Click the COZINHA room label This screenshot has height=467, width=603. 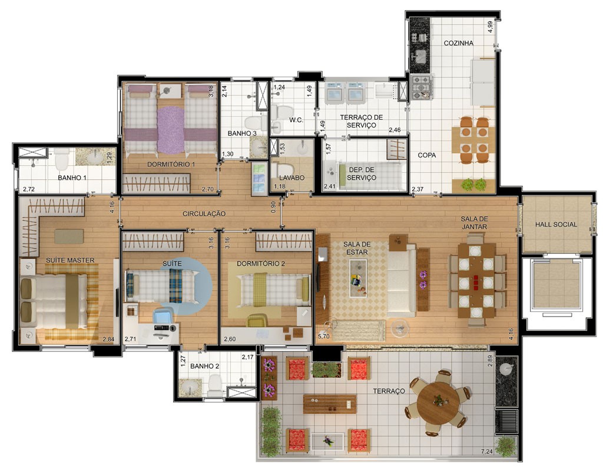tap(458, 43)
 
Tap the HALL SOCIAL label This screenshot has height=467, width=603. tap(556, 225)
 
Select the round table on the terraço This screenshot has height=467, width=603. tap(438, 402)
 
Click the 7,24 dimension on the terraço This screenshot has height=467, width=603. tap(486, 451)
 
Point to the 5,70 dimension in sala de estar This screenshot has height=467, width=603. tap(323, 336)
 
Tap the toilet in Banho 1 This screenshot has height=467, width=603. tap(61, 160)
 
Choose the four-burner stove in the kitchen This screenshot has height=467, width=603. tap(422, 87)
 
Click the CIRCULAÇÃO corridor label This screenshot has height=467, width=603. tap(204, 213)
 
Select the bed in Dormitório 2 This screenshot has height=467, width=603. tap(275, 290)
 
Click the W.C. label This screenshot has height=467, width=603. tap(296, 120)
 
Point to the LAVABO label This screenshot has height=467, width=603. tap(292, 178)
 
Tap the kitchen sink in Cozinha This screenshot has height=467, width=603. tap(419, 57)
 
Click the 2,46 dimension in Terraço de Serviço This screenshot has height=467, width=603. tap(395, 130)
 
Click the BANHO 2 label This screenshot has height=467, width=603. tap(204, 366)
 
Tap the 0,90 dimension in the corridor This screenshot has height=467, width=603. tap(273, 207)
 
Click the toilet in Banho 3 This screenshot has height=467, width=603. tap(254, 123)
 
